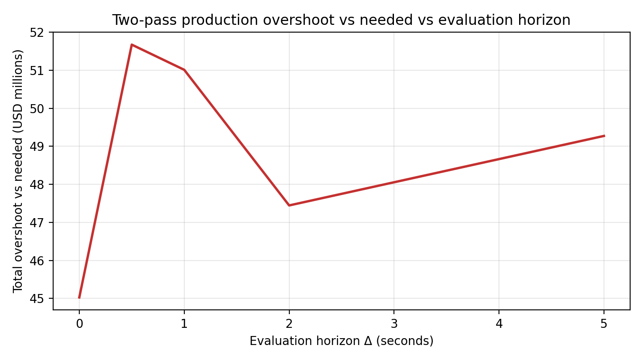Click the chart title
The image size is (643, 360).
[x=341, y=20]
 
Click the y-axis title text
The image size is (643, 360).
[x=18, y=171]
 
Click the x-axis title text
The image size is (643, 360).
[x=341, y=341]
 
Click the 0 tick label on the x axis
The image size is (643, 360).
[x=79, y=324]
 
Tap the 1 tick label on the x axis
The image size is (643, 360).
[x=184, y=324]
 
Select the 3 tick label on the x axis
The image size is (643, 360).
[x=394, y=324]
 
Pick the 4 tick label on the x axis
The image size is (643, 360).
[x=499, y=324]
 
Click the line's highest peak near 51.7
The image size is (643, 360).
[x=132, y=45]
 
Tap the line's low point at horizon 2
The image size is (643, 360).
[x=289, y=205]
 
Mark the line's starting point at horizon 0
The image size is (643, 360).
[x=79, y=298]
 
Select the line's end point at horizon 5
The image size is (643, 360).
[x=604, y=136]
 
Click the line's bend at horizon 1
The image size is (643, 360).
[x=184, y=70]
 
